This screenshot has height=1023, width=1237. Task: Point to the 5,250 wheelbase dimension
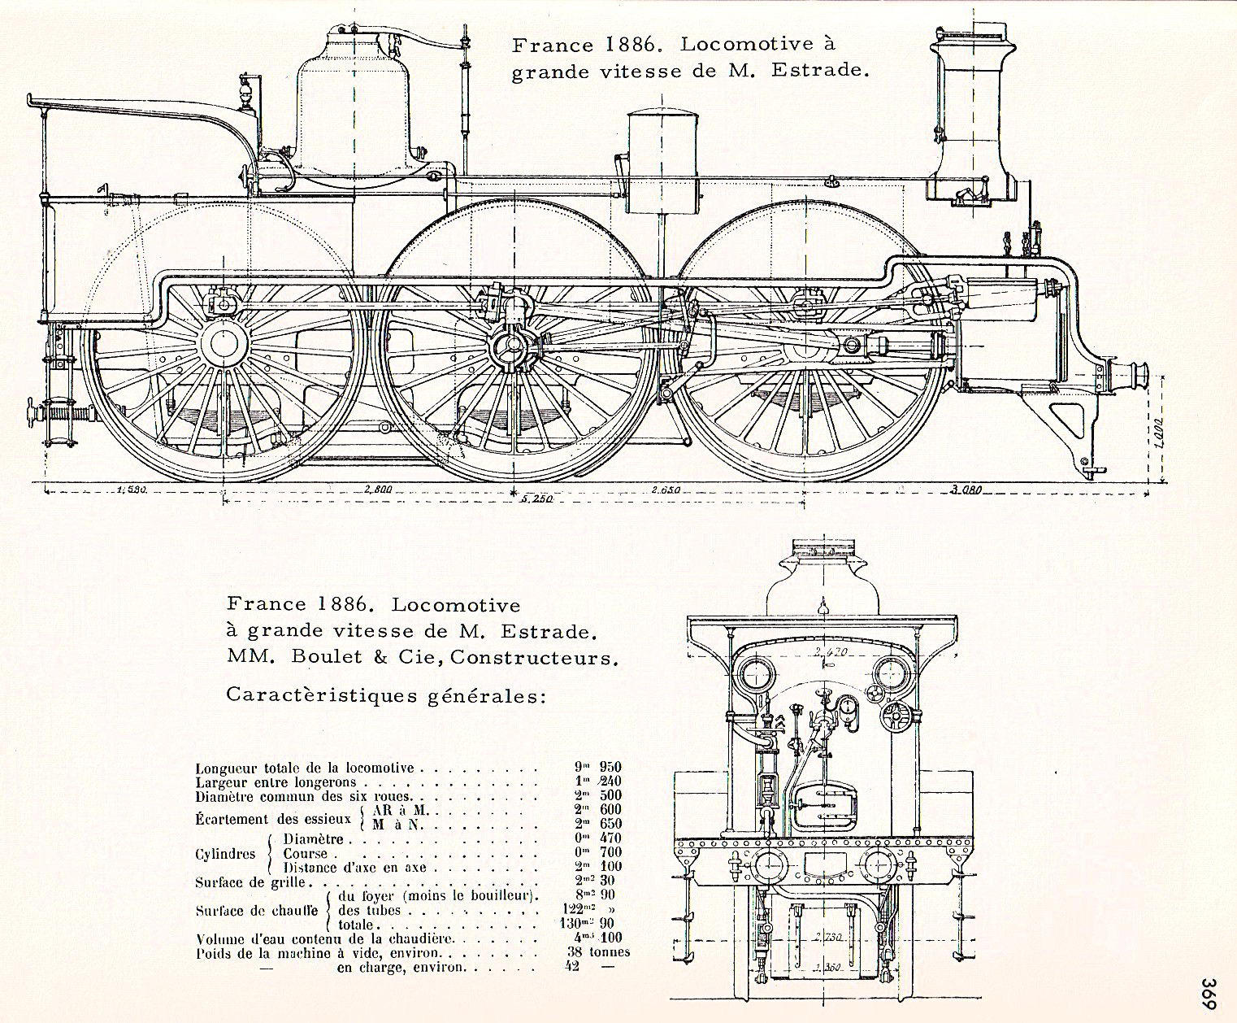537,499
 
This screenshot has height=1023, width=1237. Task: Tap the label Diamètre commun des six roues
305,796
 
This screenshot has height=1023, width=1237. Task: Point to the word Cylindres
222,854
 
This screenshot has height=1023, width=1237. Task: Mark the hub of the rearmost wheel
221,345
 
